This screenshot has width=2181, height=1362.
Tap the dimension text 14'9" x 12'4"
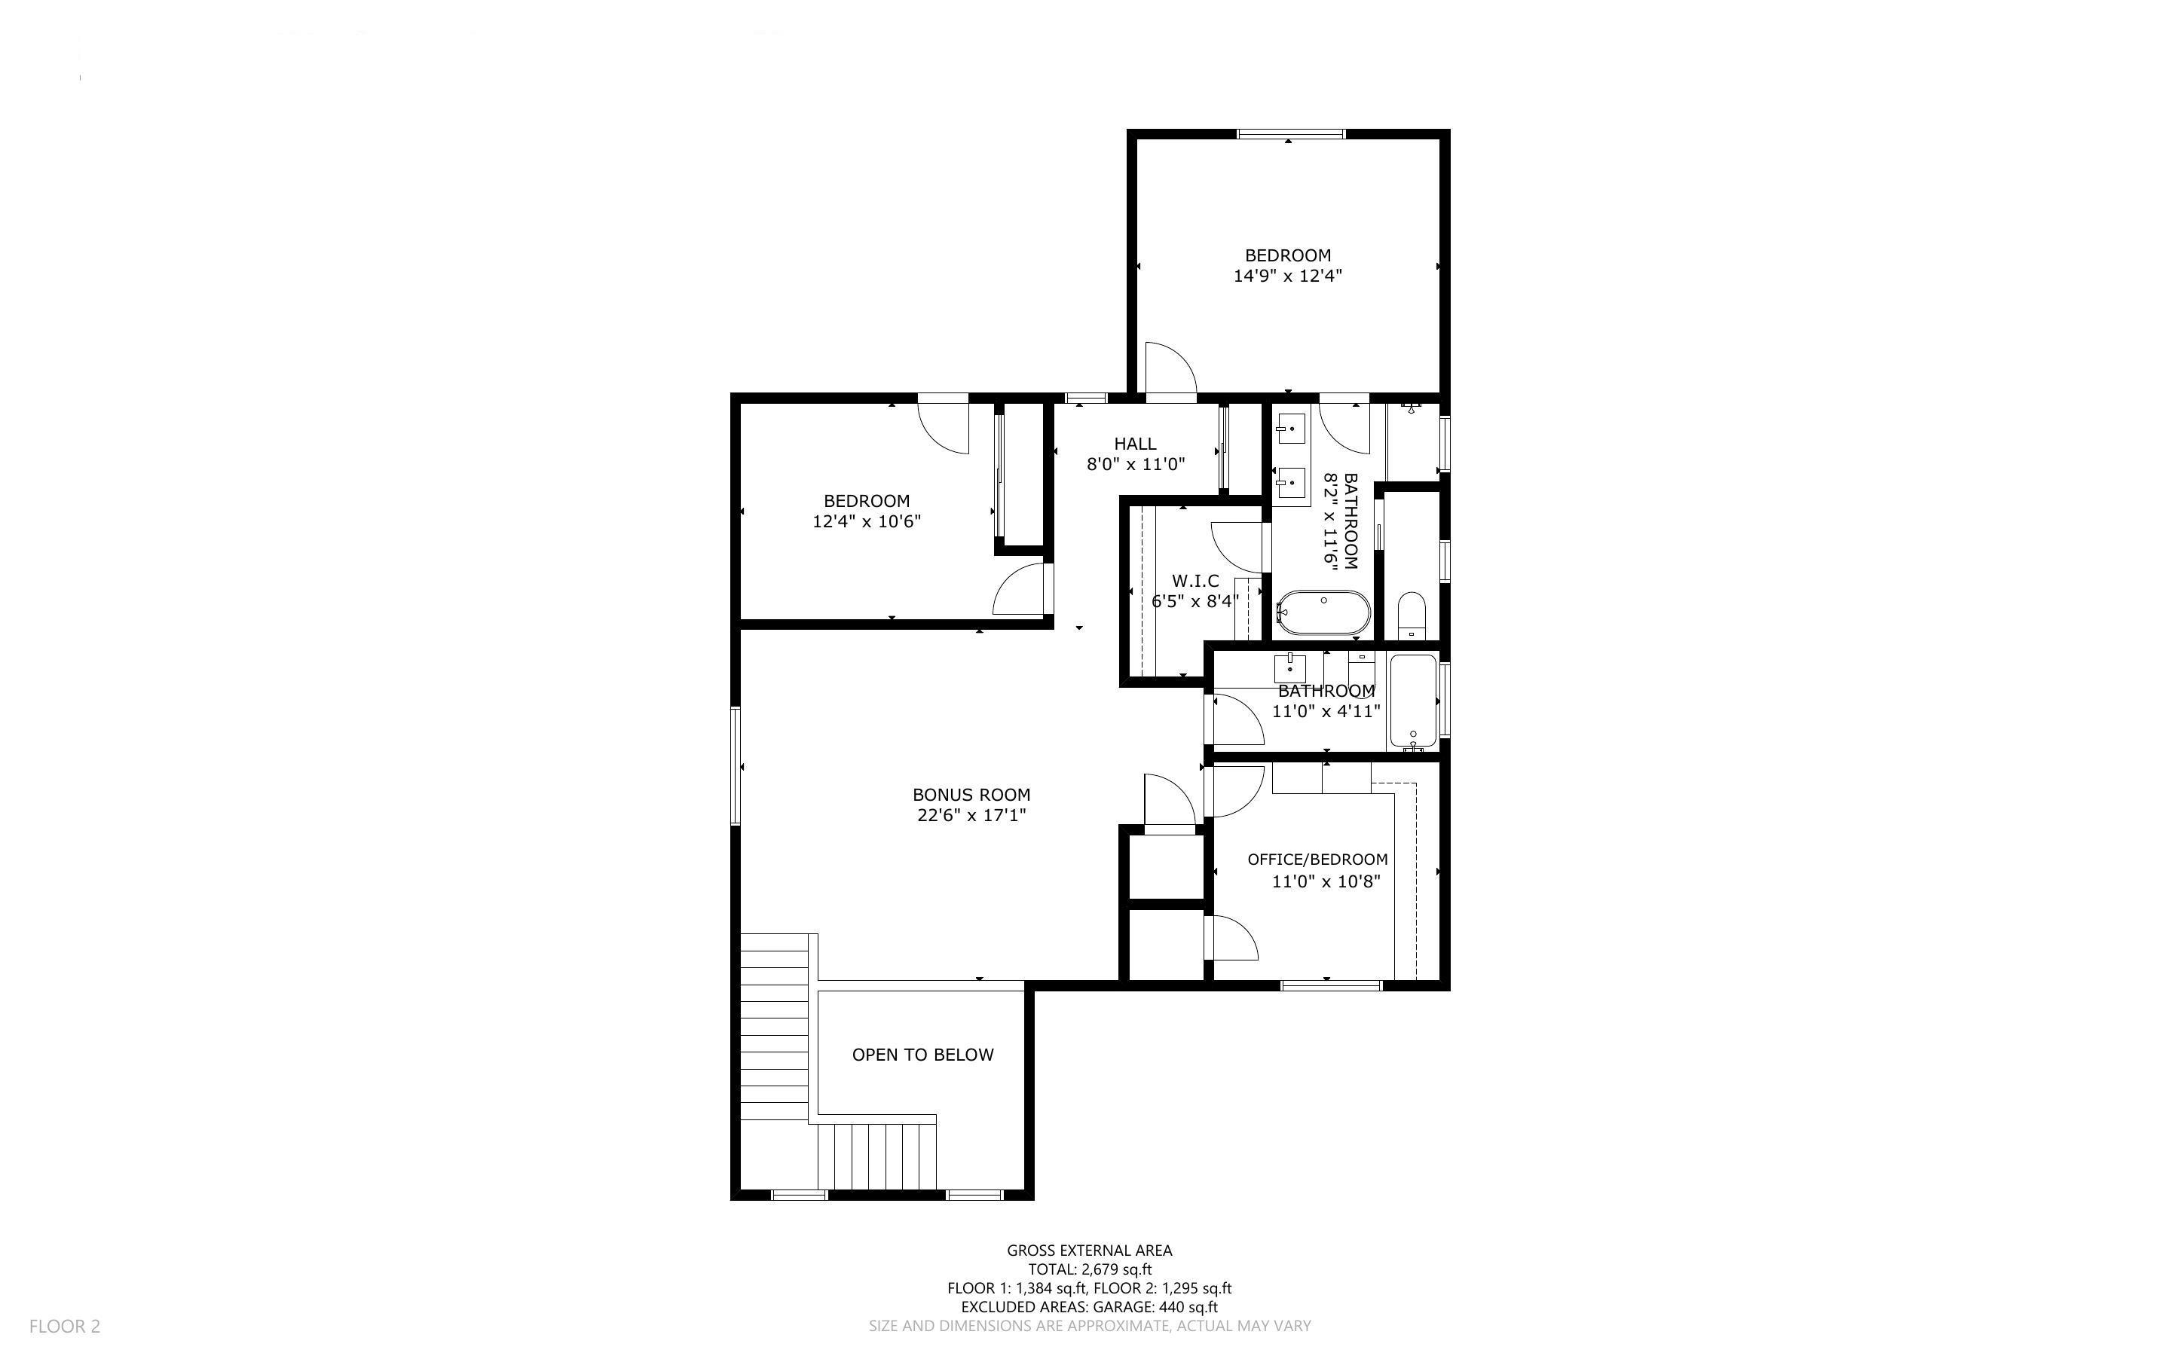click(x=1287, y=276)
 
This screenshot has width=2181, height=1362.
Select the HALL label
click(x=1135, y=443)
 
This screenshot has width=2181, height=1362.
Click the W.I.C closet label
click(x=1195, y=581)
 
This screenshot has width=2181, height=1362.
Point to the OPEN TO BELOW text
click(x=922, y=1055)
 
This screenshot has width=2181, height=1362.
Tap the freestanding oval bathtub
click(x=1324, y=613)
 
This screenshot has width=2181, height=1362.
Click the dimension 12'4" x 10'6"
click(x=867, y=521)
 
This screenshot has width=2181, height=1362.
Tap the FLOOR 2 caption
click(x=65, y=1326)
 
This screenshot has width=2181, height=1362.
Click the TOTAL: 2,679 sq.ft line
click(x=1089, y=1269)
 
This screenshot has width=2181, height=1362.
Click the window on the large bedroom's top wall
click(x=1290, y=134)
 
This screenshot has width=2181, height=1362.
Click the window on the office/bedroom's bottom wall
click(x=1331, y=985)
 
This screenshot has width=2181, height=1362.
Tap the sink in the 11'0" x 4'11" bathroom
click(x=1290, y=668)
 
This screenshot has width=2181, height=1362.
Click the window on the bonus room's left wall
click(x=735, y=765)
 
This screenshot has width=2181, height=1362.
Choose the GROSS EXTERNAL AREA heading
click(x=1089, y=1251)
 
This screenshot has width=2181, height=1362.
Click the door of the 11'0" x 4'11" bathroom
click(x=1234, y=721)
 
